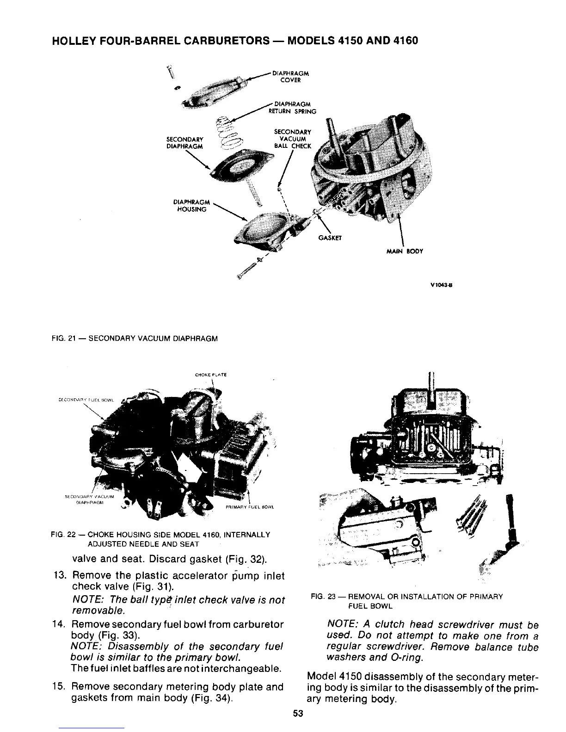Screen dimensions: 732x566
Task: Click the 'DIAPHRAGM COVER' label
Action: pos(291,76)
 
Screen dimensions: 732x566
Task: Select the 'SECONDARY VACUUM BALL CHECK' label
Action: pos(292,139)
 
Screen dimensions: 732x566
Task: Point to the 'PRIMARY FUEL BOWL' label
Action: pos(250,507)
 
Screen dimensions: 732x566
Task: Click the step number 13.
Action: pos(61,576)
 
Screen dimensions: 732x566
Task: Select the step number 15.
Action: pos(61,687)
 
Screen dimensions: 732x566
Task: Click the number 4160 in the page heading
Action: pos(405,40)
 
